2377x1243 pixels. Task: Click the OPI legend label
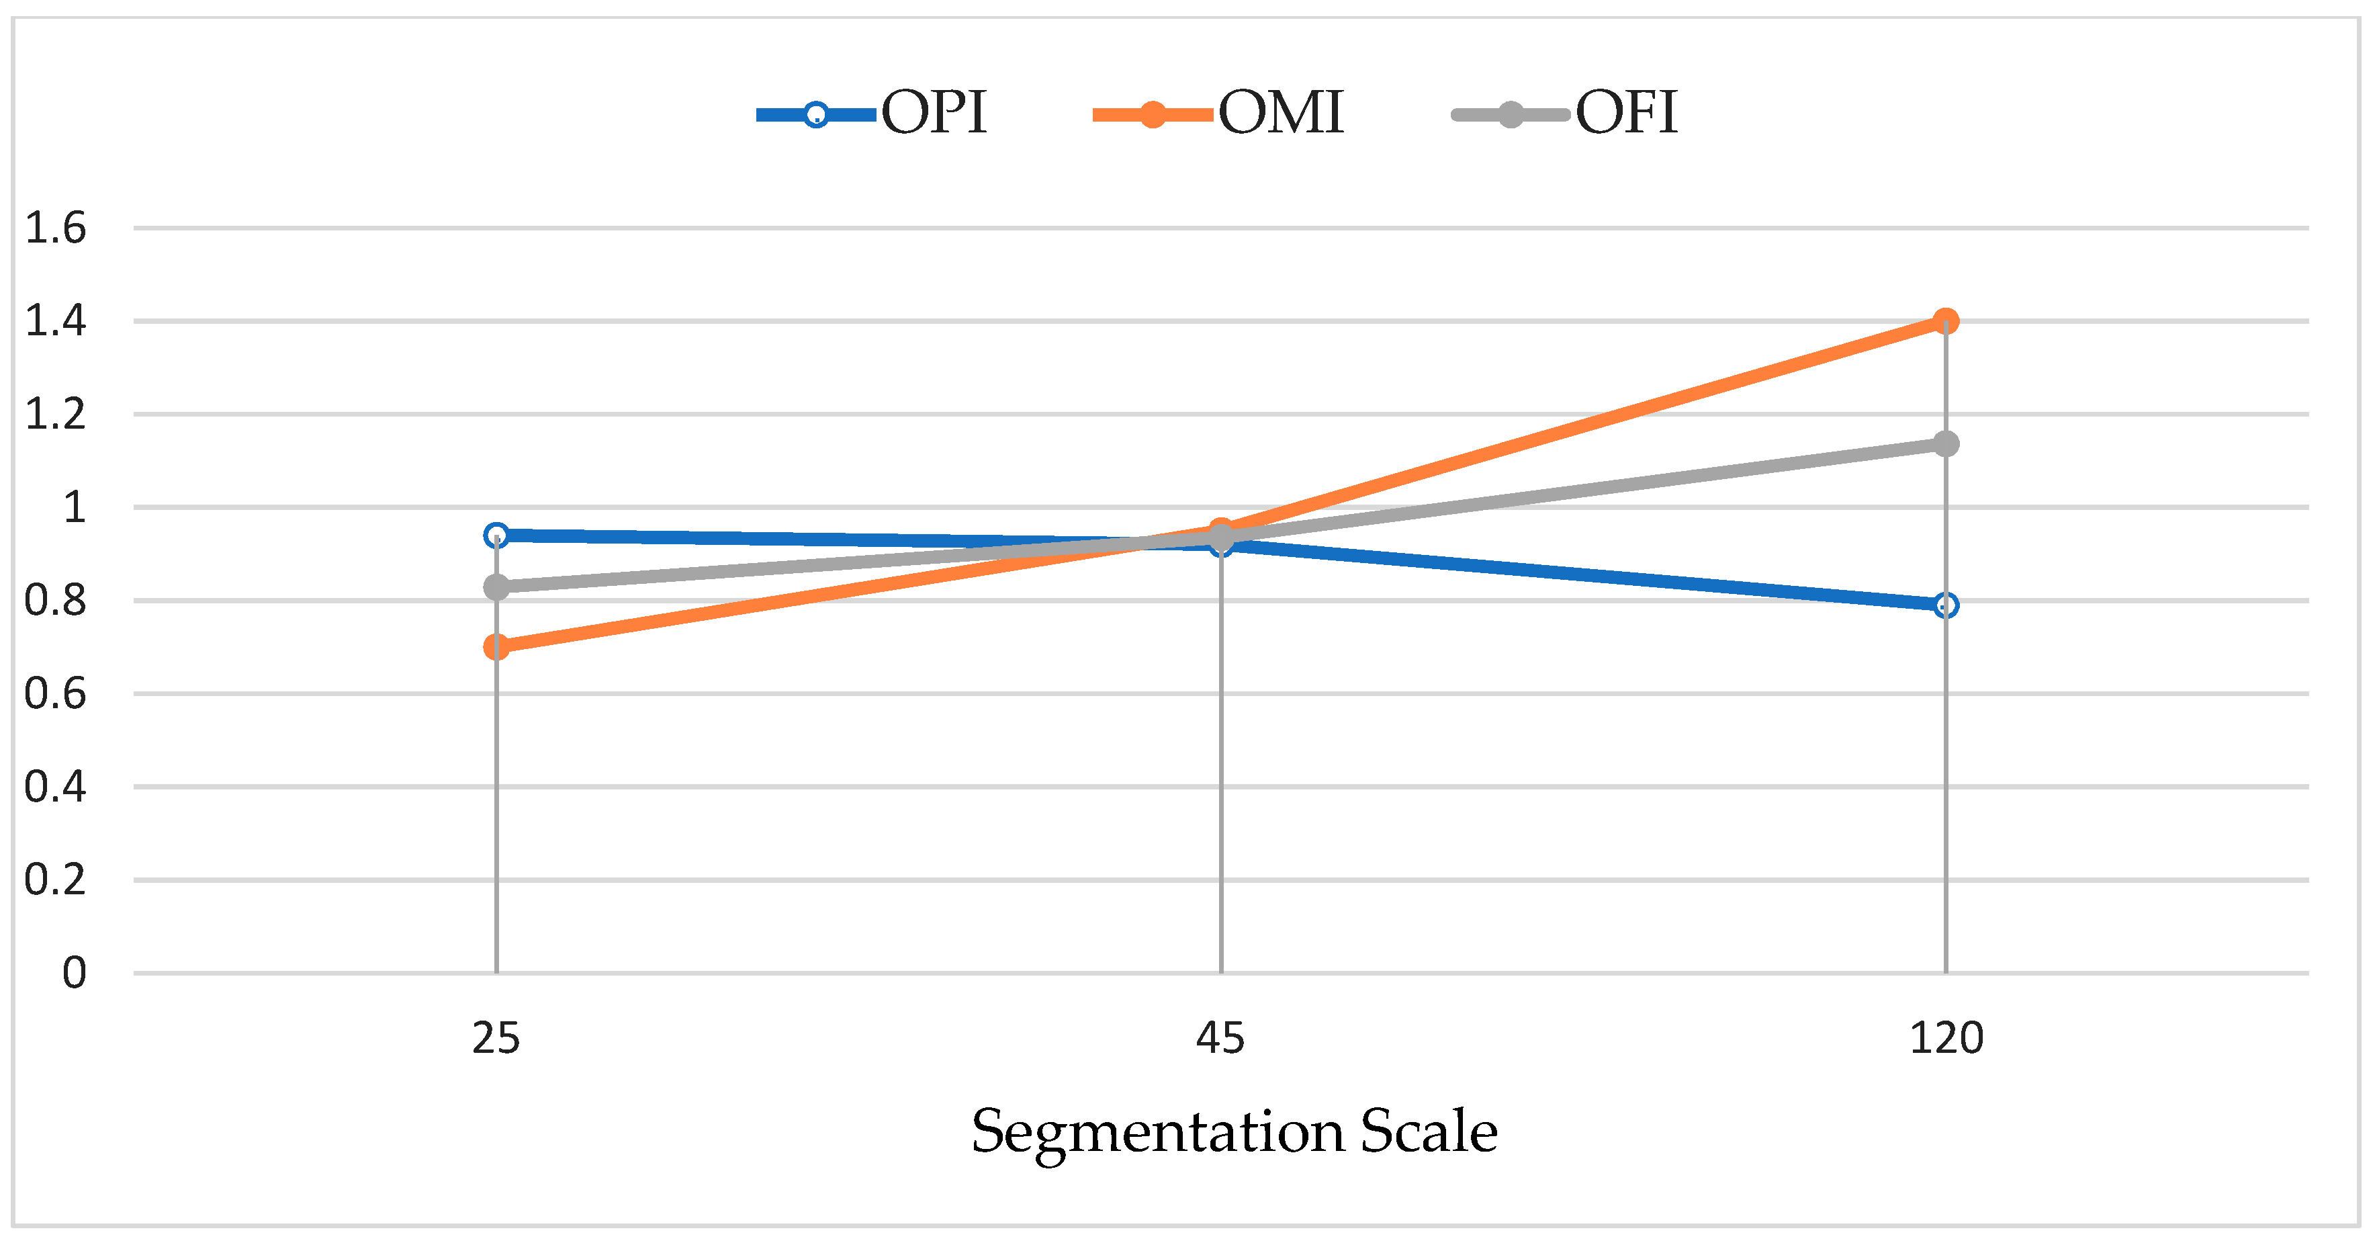click(934, 113)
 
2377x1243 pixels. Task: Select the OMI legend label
click(1281, 113)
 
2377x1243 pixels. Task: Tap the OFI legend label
click(1626, 113)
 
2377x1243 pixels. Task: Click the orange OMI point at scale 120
click(1945, 321)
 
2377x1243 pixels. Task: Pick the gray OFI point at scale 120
click(1945, 444)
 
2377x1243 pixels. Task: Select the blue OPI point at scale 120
click(1945, 605)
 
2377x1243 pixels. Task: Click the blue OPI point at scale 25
click(496, 535)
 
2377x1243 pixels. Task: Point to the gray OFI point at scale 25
click(496, 587)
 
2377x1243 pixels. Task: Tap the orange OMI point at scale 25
click(496, 647)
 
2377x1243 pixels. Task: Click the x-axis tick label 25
click(496, 1039)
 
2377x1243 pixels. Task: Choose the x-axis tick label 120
click(1946, 1039)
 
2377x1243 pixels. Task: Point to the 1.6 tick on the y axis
click(55, 228)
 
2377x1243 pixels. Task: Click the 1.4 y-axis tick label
click(55, 321)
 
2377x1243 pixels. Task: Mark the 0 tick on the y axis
click(75, 974)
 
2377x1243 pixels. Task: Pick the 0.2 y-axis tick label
click(55, 880)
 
